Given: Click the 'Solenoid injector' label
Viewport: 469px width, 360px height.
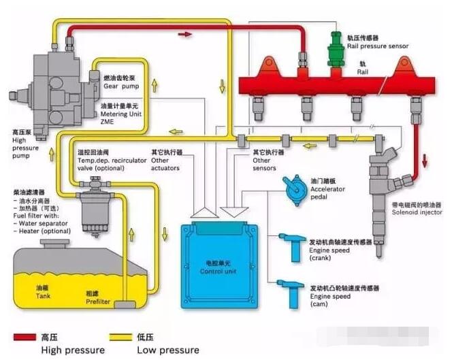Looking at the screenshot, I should [x=417, y=212].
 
